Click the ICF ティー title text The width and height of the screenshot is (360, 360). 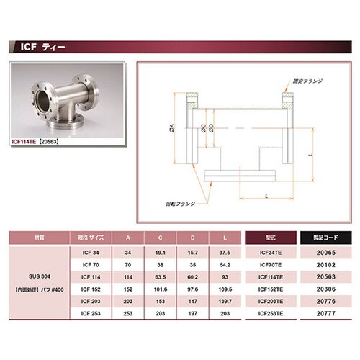coord(39,48)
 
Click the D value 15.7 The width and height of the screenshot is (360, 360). coord(192,253)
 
